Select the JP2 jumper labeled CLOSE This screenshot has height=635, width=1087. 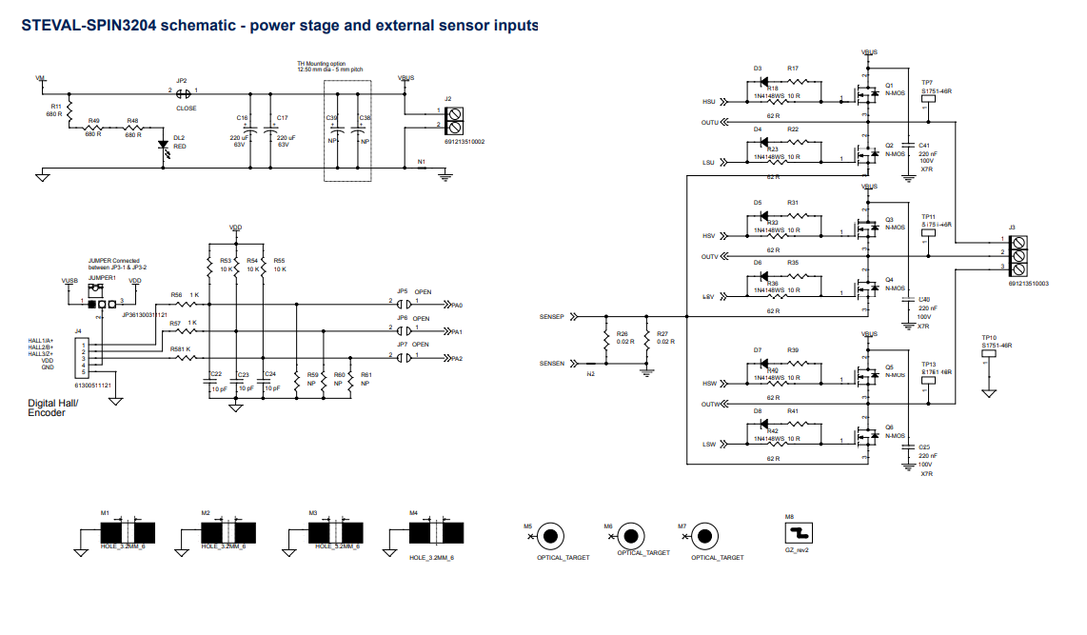click(182, 92)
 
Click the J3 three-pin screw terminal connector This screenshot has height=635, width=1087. click(1019, 254)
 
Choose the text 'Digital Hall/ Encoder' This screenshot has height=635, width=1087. click(53, 407)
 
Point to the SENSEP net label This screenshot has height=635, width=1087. click(552, 315)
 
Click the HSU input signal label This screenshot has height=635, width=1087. click(709, 101)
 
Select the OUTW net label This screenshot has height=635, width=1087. click(710, 405)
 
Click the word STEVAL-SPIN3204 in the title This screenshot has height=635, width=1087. click(89, 26)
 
